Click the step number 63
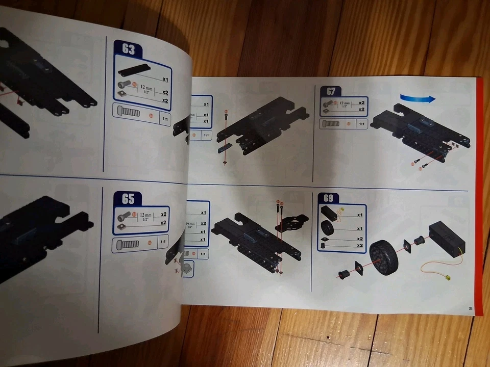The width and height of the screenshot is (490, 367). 128,50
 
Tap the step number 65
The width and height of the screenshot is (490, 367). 128,199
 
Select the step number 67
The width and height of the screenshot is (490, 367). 331,92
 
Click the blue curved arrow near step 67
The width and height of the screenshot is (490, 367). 418,98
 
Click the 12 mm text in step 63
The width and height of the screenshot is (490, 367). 146,88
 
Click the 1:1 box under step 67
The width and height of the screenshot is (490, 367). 361,124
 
